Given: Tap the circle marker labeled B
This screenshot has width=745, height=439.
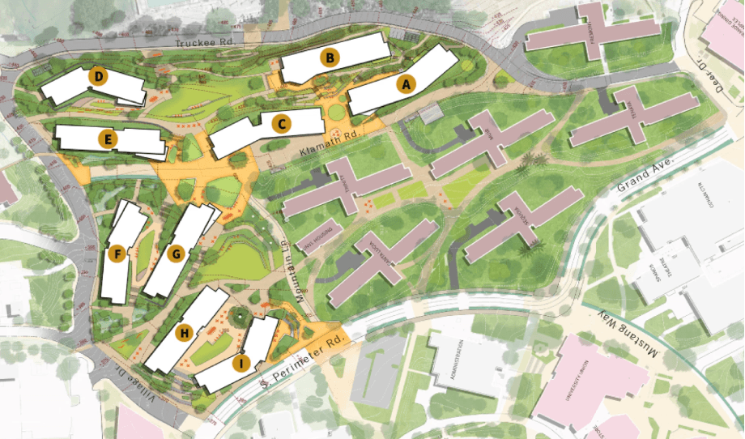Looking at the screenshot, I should coord(330,58).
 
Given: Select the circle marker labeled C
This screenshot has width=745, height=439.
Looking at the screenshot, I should coord(281,124).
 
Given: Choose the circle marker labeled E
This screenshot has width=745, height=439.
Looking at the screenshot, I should coord(105,139).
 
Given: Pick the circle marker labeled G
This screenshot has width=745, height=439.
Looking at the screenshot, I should coord(175,254).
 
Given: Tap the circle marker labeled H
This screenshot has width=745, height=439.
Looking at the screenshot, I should coord(184,332).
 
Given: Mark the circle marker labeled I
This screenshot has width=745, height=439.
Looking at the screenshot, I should coord(240,363).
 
